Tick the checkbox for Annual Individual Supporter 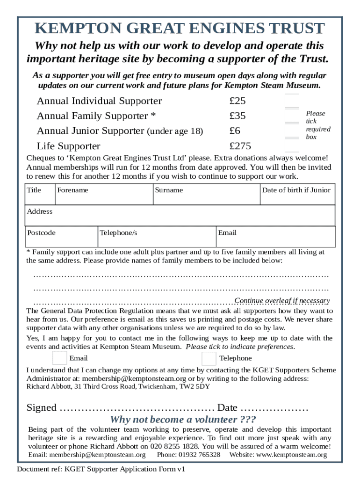(x=292, y=101)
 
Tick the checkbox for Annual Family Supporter (x=292, y=116)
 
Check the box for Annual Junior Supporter (x=292, y=131)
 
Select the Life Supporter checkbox (x=292, y=145)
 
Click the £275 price (x=240, y=146)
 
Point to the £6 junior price (x=235, y=131)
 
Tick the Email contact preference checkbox (x=60, y=358)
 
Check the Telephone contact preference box (x=209, y=358)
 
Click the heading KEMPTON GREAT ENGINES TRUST (x=180, y=29)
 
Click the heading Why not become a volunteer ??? (x=182, y=419)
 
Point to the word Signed (x=41, y=407)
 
